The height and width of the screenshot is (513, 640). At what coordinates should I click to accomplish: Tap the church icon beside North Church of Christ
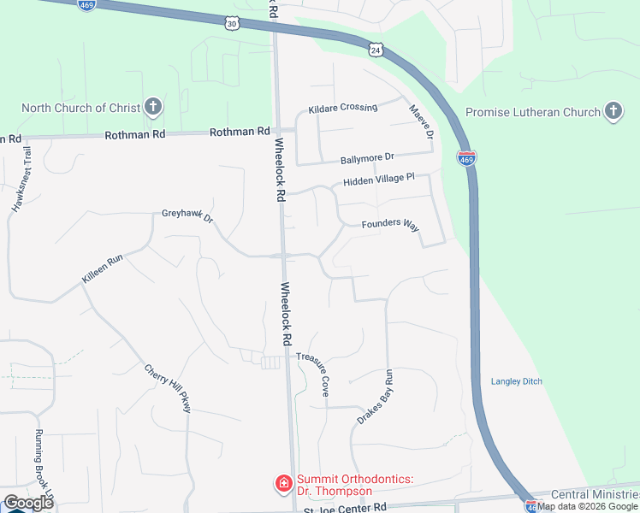[x=153, y=108]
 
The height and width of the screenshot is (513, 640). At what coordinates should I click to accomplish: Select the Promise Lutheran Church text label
[x=532, y=112]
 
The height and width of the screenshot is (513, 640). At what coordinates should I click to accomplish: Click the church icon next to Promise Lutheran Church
[x=613, y=111]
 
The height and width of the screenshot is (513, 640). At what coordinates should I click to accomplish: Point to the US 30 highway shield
[x=232, y=24]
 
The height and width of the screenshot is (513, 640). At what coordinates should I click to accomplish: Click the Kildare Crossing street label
[x=342, y=108]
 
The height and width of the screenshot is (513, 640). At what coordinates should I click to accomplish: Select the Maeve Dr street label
[x=421, y=122]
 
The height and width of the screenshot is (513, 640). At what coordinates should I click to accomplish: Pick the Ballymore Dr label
[x=366, y=157]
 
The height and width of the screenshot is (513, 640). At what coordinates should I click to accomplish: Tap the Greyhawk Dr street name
[x=187, y=217]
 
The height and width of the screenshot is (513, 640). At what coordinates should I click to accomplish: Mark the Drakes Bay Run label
[x=375, y=398]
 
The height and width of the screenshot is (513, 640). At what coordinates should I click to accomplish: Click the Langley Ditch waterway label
[x=517, y=381]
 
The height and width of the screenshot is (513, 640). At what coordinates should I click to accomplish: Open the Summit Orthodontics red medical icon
[x=282, y=485]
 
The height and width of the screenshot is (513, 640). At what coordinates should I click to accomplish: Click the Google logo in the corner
[x=27, y=502]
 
